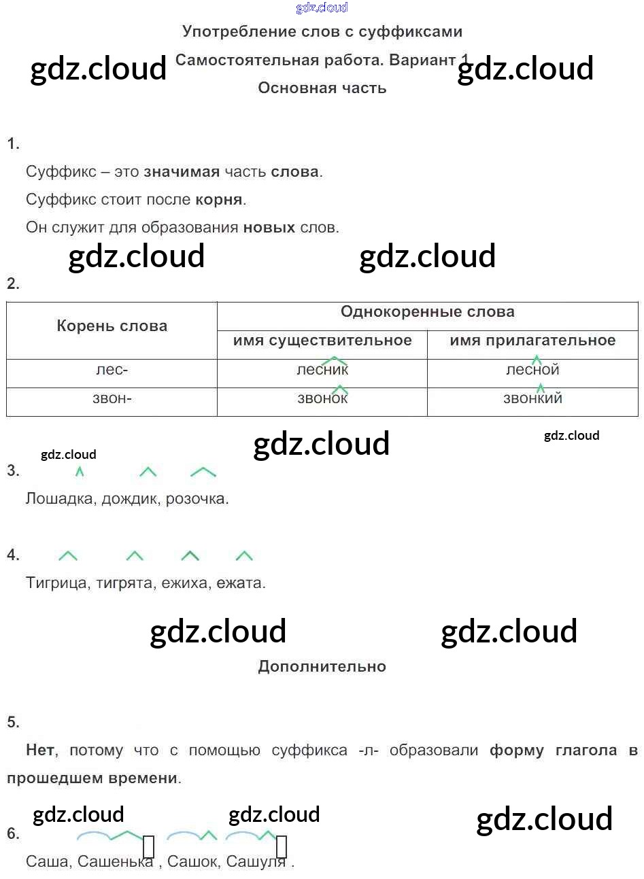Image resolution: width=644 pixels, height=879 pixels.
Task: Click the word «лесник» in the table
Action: pyautogui.click(x=322, y=370)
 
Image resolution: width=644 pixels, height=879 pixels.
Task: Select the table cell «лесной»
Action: pyautogui.click(x=532, y=370)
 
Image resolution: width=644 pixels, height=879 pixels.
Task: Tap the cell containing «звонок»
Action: pyautogui.click(x=322, y=399)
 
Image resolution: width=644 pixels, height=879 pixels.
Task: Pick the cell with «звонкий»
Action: pyautogui.click(x=532, y=399)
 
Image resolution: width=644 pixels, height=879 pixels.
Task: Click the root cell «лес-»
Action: pyautogui.click(x=112, y=370)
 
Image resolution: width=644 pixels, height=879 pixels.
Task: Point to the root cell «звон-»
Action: pyautogui.click(x=112, y=399)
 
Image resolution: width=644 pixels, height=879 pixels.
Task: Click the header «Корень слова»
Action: pyautogui.click(x=112, y=326)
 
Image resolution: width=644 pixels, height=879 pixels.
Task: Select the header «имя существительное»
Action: pyautogui.click(x=322, y=341)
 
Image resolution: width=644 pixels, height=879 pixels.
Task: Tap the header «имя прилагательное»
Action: pyautogui.click(x=532, y=341)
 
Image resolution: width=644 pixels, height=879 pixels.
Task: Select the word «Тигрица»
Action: pyautogui.click(x=56, y=583)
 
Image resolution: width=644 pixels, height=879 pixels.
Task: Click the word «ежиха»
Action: pyautogui.click(x=186, y=583)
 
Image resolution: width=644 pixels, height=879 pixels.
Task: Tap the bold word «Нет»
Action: pyautogui.click(x=41, y=751)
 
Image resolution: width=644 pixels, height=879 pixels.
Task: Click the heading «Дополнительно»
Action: pyautogui.click(x=322, y=667)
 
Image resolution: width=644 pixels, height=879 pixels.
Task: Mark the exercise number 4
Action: pyautogui.click(x=13, y=555)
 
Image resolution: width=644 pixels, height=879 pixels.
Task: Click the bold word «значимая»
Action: pyautogui.click(x=182, y=172)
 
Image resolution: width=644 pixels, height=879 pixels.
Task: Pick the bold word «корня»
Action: pyautogui.click(x=219, y=200)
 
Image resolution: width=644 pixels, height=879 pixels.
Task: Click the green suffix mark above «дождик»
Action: pyautogui.click(x=148, y=472)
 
